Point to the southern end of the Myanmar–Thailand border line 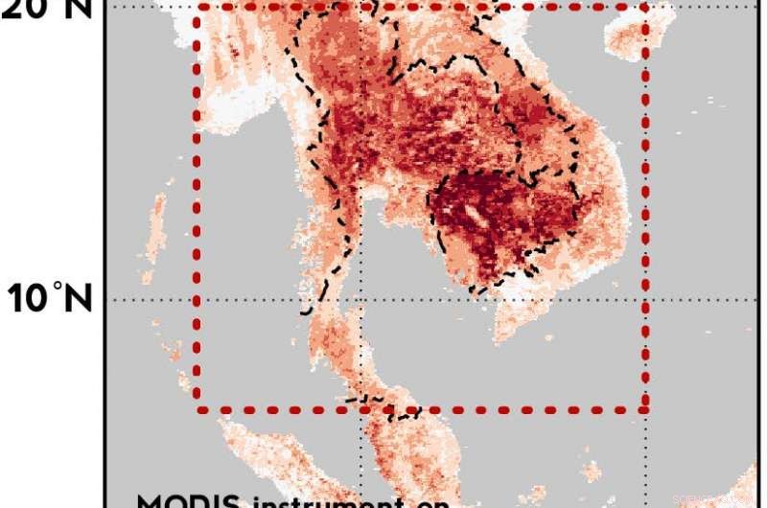[305, 312]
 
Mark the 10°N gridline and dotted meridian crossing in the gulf [361, 299]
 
